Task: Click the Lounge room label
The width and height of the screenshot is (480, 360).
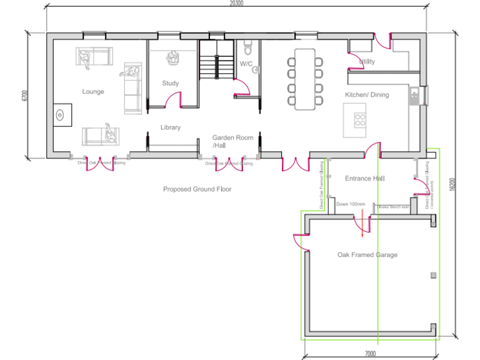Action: [x=93, y=92]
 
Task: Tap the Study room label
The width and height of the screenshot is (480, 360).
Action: [x=170, y=83]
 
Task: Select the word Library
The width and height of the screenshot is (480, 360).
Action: [x=170, y=127]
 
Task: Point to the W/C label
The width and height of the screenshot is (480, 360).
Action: [x=246, y=64]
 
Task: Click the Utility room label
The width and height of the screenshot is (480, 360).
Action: [x=367, y=62]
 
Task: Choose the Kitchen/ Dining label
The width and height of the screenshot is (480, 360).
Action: [x=367, y=95]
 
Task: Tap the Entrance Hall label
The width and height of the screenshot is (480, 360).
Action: [x=364, y=179]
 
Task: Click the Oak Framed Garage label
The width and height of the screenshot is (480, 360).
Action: [x=367, y=255]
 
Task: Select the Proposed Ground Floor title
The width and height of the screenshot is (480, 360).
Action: [x=197, y=189]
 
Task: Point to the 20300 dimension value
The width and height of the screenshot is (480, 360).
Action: [x=236, y=4]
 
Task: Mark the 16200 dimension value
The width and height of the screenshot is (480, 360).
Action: [x=452, y=185]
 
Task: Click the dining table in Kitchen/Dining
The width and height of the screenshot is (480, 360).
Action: [x=305, y=79]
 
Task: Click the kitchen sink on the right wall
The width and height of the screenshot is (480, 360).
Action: [x=414, y=96]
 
